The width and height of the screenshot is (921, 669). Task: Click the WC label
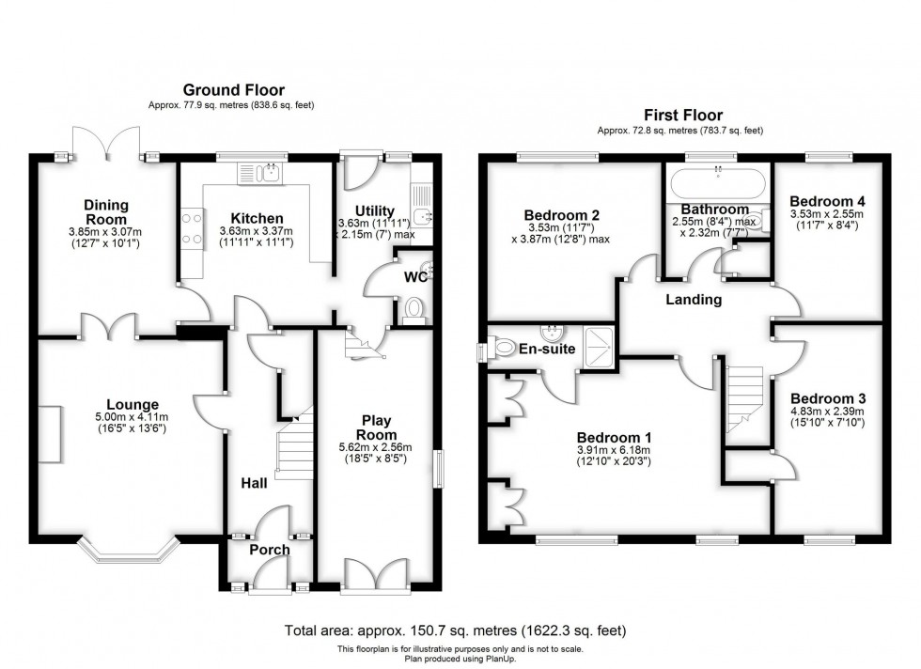[416, 278]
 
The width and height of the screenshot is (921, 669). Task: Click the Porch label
[269, 550]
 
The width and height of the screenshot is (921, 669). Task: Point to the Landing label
[693, 300]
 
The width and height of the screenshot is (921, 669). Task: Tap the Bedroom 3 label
[827, 398]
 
